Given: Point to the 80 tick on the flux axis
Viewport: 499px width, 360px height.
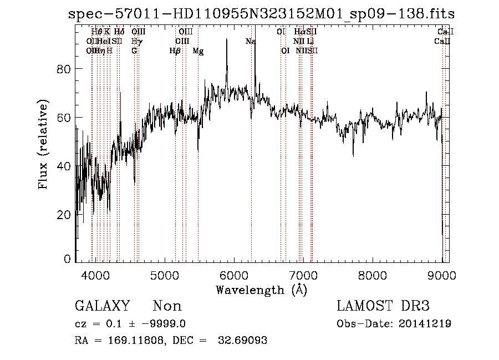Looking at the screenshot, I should (x=66, y=69).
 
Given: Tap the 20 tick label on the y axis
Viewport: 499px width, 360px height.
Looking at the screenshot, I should (x=66, y=215).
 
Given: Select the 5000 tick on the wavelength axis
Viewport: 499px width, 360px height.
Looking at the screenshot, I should (x=165, y=276).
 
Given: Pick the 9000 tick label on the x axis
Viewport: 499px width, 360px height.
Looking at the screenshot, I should (x=442, y=276).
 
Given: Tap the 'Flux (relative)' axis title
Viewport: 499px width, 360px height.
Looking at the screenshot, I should (x=43, y=144).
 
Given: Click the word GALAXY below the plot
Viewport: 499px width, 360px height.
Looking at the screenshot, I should (x=102, y=306).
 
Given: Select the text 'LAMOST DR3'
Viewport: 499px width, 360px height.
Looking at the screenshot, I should (x=383, y=306).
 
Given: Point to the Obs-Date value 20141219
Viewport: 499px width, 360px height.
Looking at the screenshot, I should (x=427, y=324).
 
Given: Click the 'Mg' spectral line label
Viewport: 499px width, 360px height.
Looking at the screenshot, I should (x=198, y=51).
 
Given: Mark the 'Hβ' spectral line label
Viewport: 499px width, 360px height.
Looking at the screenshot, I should (x=175, y=51).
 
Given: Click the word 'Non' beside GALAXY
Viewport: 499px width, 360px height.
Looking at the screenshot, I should (x=167, y=306).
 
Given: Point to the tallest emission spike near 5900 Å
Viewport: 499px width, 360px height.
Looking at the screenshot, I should (x=227, y=40).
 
